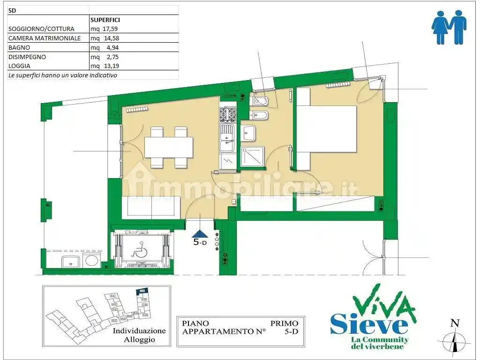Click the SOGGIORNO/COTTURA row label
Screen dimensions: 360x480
(x=41, y=29)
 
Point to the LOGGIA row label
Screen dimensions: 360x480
(x=20, y=66)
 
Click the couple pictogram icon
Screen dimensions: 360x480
(x=449, y=28)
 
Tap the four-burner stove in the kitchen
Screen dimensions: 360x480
(x=227, y=115)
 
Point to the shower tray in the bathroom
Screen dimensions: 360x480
(x=252, y=157)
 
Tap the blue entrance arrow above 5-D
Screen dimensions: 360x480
(x=200, y=234)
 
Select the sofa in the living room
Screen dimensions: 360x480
(x=151, y=207)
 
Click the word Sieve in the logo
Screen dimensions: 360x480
(x=369, y=323)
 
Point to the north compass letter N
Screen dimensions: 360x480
(x=454, y=322)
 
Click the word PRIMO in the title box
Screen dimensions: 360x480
(x=284, y=323)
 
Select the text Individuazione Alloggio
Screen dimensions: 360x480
(x=139, y=335)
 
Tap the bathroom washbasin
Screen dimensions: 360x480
(x=249, y=134)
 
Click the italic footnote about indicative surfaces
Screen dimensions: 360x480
(x=63, y=75)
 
